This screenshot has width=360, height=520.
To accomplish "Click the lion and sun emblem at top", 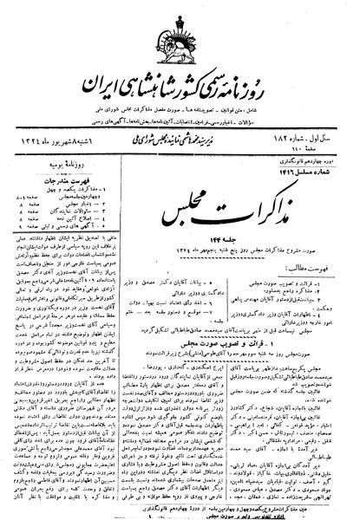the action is pos(180,42).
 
